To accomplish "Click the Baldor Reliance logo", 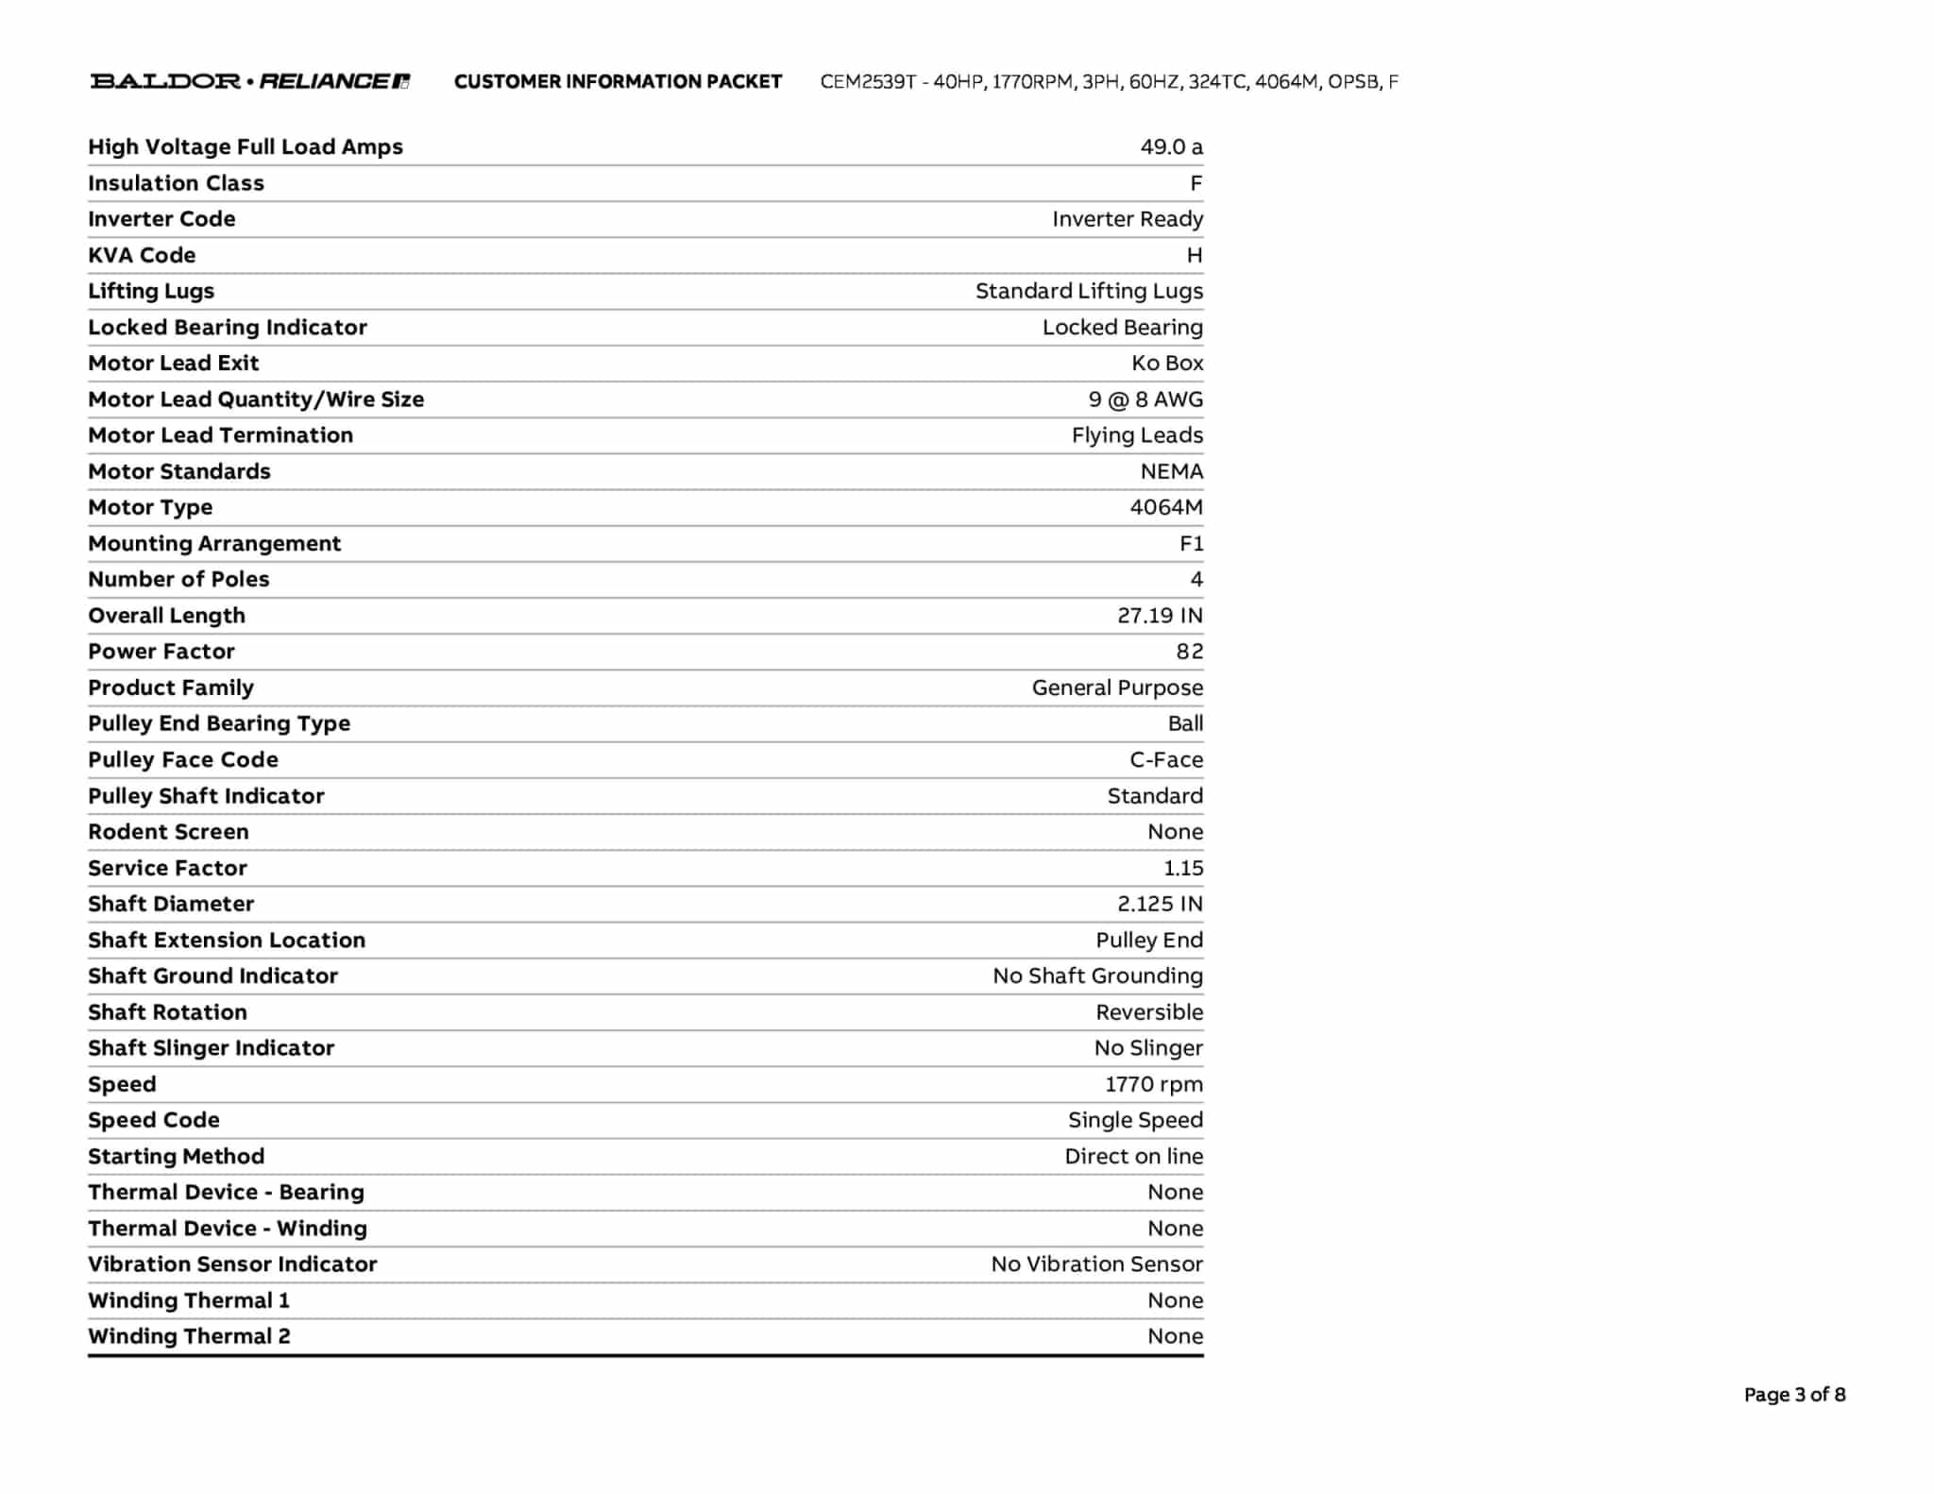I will [x=249, y=81].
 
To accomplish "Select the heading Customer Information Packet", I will [x=618, y=82].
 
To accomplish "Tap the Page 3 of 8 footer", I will [x=1794, y=1394].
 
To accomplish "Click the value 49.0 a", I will [x=1171, y=147].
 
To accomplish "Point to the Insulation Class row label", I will [x=176, y=183].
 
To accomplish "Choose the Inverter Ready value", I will [x=1128, y=219].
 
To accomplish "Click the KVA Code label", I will [x=142, y=255].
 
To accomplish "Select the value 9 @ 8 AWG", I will [x=1145, y=399].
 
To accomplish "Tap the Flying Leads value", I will [x=1137, y=435].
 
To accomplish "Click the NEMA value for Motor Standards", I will [x=1171, y=471].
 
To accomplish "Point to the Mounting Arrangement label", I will [x=214, y=543].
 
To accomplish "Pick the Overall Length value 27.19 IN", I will [x=1160, y=616].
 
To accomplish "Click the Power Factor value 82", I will [x=1189, y=652].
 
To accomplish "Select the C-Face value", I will [x=1166, y=759].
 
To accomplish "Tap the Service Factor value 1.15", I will [x=1182, y=868].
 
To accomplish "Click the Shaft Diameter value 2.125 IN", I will [x=1160, y=904].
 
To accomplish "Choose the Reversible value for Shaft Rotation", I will [x=1149, y=1012].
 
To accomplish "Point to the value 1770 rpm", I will [x=1154, y=1084].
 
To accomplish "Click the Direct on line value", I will [x=1133, y=1156].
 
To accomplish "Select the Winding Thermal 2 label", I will [x=189, y=1336].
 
